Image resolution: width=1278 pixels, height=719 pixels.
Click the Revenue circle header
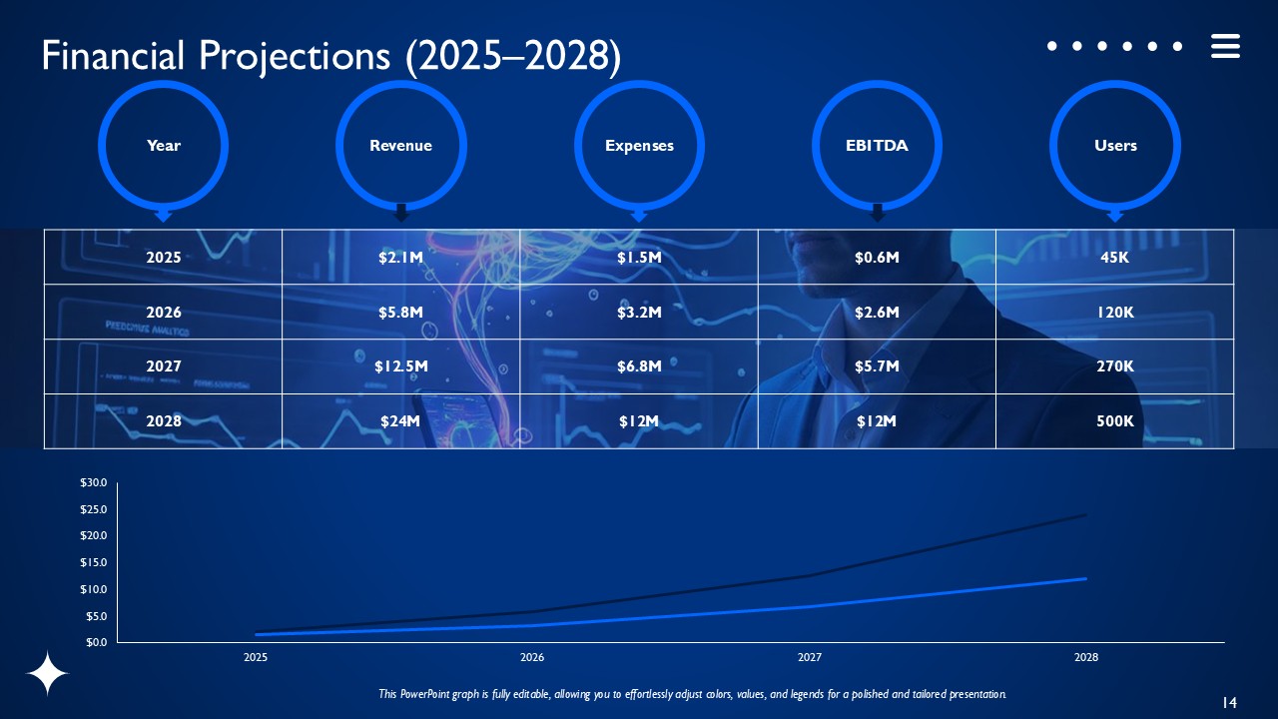pyautogui.click(x=400, y=146)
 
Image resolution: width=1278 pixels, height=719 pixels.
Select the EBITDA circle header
pyautogui.click(x=877, y=146)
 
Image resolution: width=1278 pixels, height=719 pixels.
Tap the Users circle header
pyautogui.click(x=1114, y=146)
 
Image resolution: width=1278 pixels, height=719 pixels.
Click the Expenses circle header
pyautogui.click(x=639, y=146)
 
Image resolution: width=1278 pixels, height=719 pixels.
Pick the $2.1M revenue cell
pyautogui.click(x=400, y=258)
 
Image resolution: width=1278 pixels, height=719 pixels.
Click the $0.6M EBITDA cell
pyautogui.click(x=877, y=258)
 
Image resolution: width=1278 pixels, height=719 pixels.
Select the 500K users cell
pyautogui.click(x=1114, y=421)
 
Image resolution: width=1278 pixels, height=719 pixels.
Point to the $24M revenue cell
pyautogui.click(x=400, y=421)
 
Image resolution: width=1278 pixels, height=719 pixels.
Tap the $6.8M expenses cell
pyautogui.click(x=639, y=366)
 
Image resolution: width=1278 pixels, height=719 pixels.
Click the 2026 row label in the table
pyautogui.click(x=164, y=313)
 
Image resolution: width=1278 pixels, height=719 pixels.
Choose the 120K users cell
pyautogui.click(x=1114, y=313)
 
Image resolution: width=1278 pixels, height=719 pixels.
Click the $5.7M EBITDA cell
pyautogui.click(x=877, y=366)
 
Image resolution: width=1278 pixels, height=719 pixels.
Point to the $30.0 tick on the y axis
pyautogui.click(x=94, y=483)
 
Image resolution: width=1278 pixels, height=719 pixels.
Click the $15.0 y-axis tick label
pyautogui.click(x=94, y=563)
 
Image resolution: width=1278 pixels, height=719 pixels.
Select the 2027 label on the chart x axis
pyautogui.click(x=809, y=658)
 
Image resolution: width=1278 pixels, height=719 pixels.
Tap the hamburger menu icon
pyautogui.click(x=1225, y=46)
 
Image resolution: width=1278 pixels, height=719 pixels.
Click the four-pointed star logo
pyautogui.click(x=47, y=674)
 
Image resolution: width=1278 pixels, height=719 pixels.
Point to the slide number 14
pyautogui.click(x=1229, y=703)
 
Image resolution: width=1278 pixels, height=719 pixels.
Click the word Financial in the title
pyautogui.click(x=113, y=56)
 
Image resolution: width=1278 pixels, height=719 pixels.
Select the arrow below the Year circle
pyautogui.click(x=164, y=215)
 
